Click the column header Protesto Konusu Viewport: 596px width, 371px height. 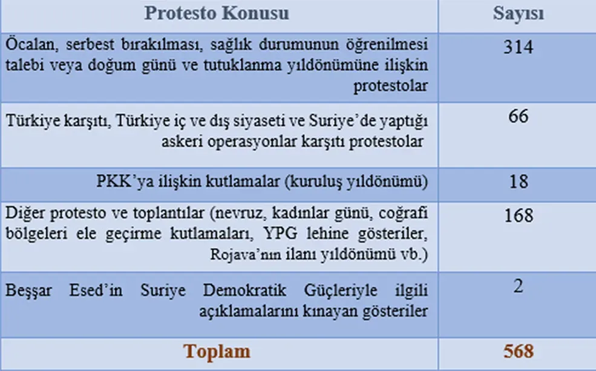point(217,13)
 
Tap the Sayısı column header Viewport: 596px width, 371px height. point(519,14)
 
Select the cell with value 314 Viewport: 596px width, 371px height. point(519,47)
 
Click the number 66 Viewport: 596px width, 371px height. point(519,116)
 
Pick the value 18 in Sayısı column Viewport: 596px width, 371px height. point(519,182)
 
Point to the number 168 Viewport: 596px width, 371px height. point(519,215)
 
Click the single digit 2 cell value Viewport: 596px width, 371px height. point(519,286)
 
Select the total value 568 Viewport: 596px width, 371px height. point(519,351)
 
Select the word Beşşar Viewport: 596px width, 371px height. point(28,291)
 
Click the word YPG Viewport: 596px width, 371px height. point(280,233)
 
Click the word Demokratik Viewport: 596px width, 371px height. point(244,291)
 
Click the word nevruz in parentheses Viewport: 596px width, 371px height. point(240,213)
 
